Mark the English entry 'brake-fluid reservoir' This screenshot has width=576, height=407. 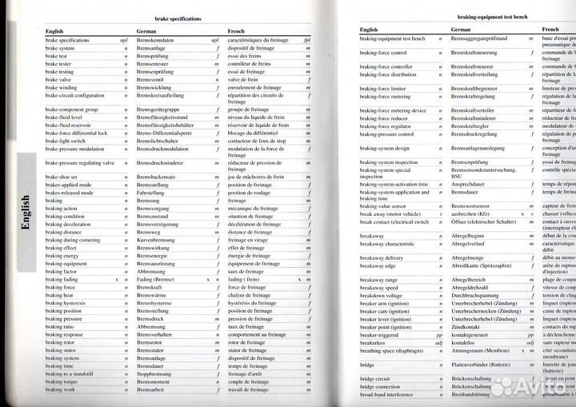pyautogui.click(x=70, y=125)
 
